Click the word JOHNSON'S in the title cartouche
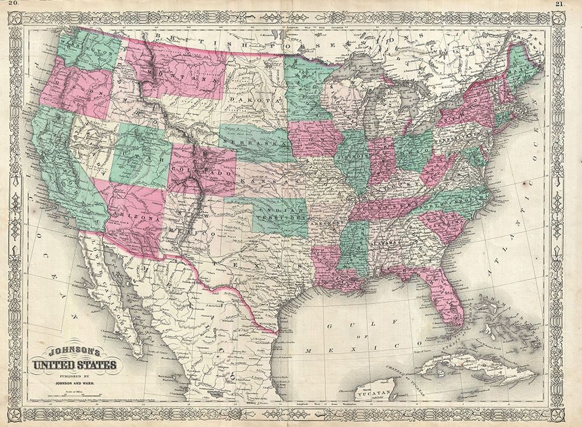tap(74, 352)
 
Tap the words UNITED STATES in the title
tap(74, 366)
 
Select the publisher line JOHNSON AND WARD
tap(74, 384)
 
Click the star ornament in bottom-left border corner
tap(11, 415)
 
